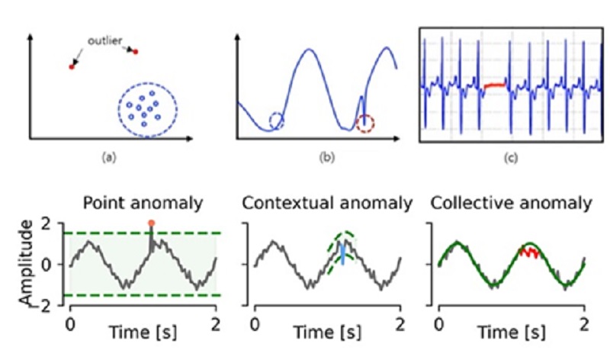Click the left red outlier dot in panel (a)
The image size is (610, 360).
tap(72, 67)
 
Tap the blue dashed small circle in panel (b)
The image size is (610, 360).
tap(276, 120)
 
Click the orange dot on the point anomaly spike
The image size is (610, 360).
tap(151, 223)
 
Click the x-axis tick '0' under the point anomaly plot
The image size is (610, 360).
tap(69, 322)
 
